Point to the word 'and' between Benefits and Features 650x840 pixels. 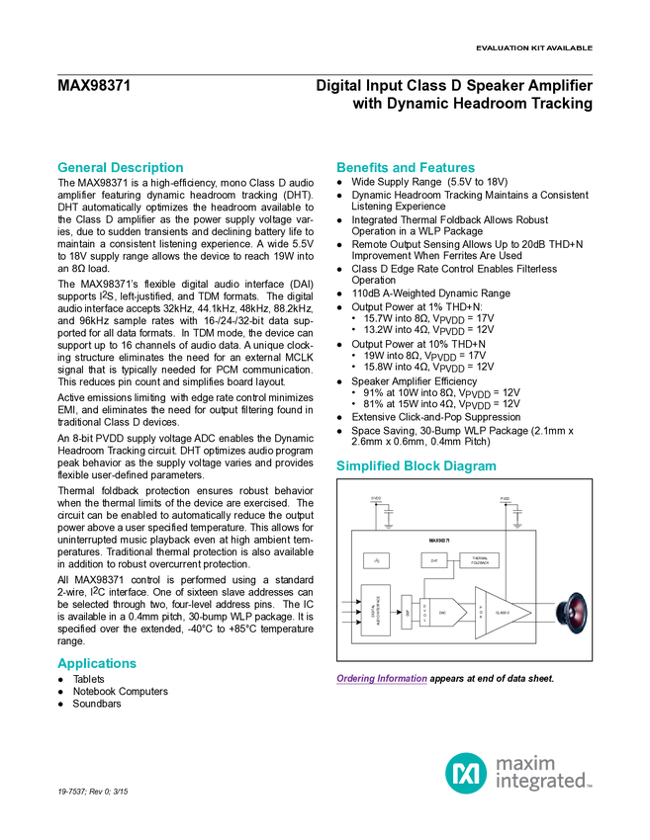(403, 168)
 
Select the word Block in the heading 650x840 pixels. (421, 466)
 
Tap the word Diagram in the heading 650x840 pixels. (471, 466)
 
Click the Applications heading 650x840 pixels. (97, 664)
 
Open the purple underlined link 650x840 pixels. (381, 680)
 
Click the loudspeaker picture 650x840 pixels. (571, 613)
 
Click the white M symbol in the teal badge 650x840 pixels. (465, 772)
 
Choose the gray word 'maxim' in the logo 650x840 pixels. (525, 761)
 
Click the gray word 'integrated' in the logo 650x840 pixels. (540, 783)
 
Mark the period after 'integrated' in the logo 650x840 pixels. (591, 788)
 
